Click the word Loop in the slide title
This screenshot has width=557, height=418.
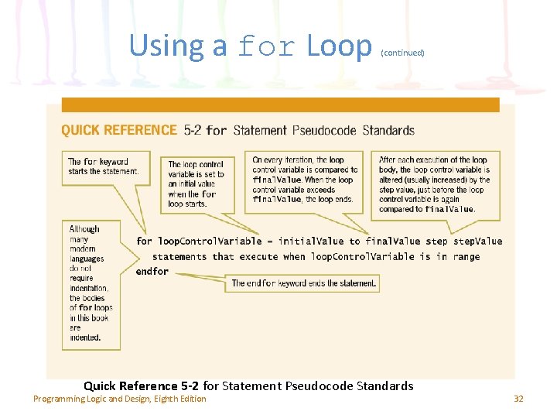pyautogui.click(x=339, y=46)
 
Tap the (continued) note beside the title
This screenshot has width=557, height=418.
pyautogui.click(x=402, y=53)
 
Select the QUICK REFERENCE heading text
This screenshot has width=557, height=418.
pyautogui.click(x=119, y=130)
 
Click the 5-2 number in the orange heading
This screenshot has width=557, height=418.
pyautogui.click(x=193, y=130)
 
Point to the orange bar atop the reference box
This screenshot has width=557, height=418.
pyautogui.click(x=280, y=104)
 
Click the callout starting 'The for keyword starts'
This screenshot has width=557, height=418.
pyautogui.click(x=103, y=166)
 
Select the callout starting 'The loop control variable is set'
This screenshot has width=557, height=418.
pyautogui.click(x=196, y=184)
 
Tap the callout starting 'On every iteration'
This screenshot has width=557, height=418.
pyautogui.click(x=305, y=180)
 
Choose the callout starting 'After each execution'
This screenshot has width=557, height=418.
pyautogui.click(x=434, y=184)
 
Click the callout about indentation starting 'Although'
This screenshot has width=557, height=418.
pyautogui.click(x=91, y=283)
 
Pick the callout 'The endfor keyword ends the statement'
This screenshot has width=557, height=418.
pyautogui.click(x=305, y=284)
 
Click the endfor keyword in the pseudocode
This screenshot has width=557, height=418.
pyautogui.click(x=152, y=272)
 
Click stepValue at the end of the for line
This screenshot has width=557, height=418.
pyautogui.click(x=477, y=242)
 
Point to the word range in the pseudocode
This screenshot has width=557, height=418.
pyautogui.click(x=466, y=257)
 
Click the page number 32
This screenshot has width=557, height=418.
pyautogui.click(x=518, y=399)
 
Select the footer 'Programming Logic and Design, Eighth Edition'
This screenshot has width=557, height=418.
pyautogui.click(x=120, y=399)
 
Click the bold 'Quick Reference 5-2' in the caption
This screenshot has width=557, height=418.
pyautogui.click(x=141, y=385)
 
